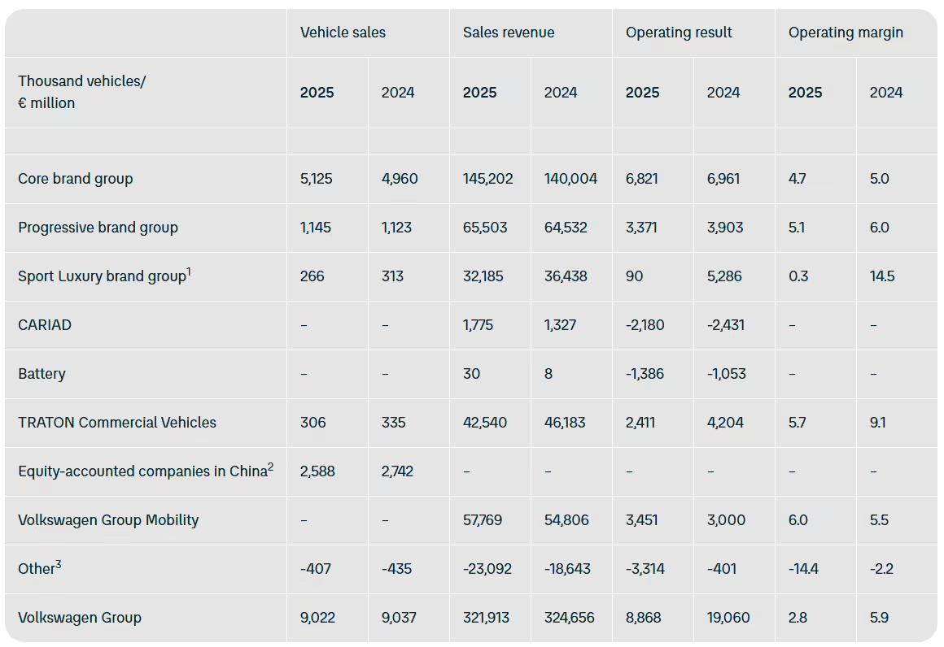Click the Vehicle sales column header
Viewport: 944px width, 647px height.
[x=343, y=33]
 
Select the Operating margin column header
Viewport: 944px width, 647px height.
[x=846, y=33]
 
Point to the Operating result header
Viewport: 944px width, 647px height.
[x=679, y=33]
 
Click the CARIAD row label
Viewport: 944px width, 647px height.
[x=45, y=325]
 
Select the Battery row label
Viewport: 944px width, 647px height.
[x=42, y=374]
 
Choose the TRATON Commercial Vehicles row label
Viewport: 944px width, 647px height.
[x=117, y=423]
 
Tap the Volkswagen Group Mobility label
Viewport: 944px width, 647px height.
[x=108, y=520]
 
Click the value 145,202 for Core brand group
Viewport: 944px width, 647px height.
[x=488, y=179]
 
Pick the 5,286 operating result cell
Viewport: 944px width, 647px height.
[x=724, y=276]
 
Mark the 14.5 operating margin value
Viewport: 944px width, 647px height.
[x=881, y=276]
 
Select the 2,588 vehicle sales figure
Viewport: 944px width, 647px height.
[x=317, y=471]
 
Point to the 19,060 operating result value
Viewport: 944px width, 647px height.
[x=728, y=618]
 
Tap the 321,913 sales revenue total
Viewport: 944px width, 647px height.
[x=487, y=618]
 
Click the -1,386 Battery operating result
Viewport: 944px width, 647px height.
[x=645, y=374]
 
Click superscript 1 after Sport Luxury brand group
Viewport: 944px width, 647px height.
[x=189, y=271]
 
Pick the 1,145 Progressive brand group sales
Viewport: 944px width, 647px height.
[x=316, y=228]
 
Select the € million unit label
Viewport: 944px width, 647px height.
[x=46, y=103]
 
